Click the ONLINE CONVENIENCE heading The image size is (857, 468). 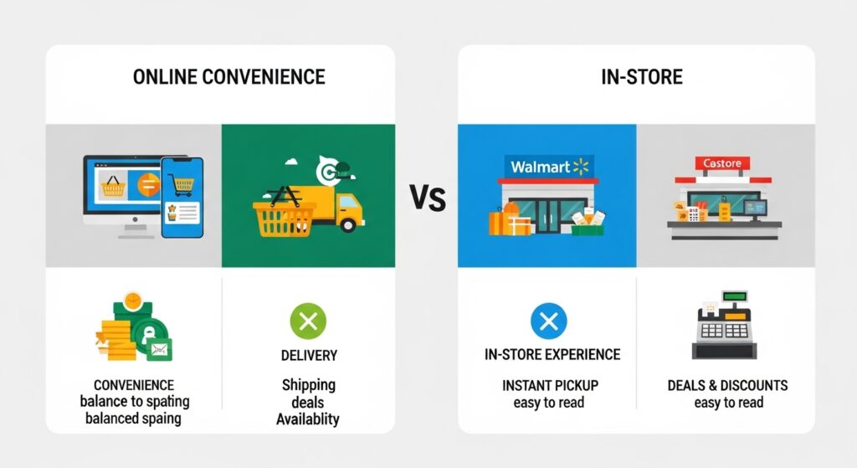pos(229,77)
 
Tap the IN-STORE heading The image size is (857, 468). pos(642,77)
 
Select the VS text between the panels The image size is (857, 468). pos(428,198)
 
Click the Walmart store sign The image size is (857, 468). pos(549,167)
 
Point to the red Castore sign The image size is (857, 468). pos(722,163)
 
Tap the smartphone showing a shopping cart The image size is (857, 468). pos(182,198)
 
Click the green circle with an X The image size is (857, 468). pos(308,321)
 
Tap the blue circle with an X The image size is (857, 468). pos(549,321)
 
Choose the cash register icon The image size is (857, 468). pos(725,326)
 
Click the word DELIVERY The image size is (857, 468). pos(309,355)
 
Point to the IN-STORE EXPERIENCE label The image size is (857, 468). pos(552,355)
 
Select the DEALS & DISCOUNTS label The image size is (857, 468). pos(727,385)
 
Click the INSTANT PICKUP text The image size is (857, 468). pos(550,385)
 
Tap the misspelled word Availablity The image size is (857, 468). pos(308,419)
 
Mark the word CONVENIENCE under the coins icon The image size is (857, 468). pos(134,385)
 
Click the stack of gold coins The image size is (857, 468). pos(115,340)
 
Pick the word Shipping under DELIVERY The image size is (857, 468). pos(309,385)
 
